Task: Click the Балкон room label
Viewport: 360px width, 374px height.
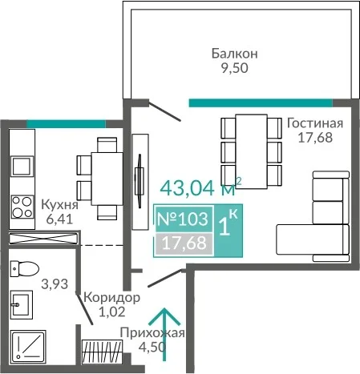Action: point(235,54)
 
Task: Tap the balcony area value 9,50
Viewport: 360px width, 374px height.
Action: point(234,68)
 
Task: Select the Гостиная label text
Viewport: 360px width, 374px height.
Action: point(315,123)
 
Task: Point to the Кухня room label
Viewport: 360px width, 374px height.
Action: point(59,205)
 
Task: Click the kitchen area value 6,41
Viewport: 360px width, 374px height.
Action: point(59,219)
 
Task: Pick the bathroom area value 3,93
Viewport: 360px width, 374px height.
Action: point(55,284)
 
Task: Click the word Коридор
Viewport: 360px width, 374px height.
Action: point(111,298)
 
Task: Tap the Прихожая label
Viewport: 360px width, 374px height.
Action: point(152,333)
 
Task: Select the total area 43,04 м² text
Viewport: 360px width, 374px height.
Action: point(200,187)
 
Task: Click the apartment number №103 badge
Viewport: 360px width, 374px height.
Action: point(183,219)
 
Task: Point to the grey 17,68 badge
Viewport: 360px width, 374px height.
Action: point(184,243)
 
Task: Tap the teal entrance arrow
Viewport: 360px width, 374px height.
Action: point(164,334)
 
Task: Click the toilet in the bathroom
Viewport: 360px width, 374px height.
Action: point(24,268)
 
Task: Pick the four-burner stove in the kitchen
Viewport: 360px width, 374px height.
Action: point(22,207)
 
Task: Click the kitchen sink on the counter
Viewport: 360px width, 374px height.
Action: point(22,167)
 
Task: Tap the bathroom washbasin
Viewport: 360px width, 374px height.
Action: point(22,304)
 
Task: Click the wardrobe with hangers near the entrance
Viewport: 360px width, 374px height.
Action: point(102,352)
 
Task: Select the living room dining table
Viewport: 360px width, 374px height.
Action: point(251,151)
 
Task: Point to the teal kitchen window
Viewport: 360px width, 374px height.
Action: point(66,124)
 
